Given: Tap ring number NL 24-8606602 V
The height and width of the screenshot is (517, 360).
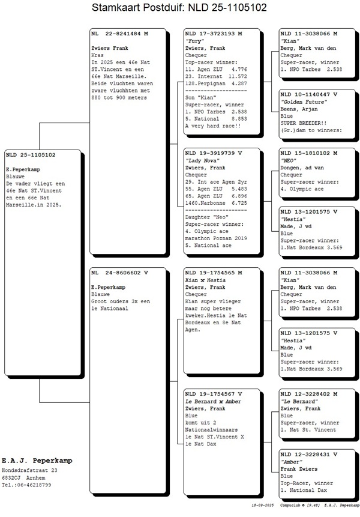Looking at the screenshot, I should (x=119, y=272).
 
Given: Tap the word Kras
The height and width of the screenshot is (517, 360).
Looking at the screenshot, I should (x=97, y=54).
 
